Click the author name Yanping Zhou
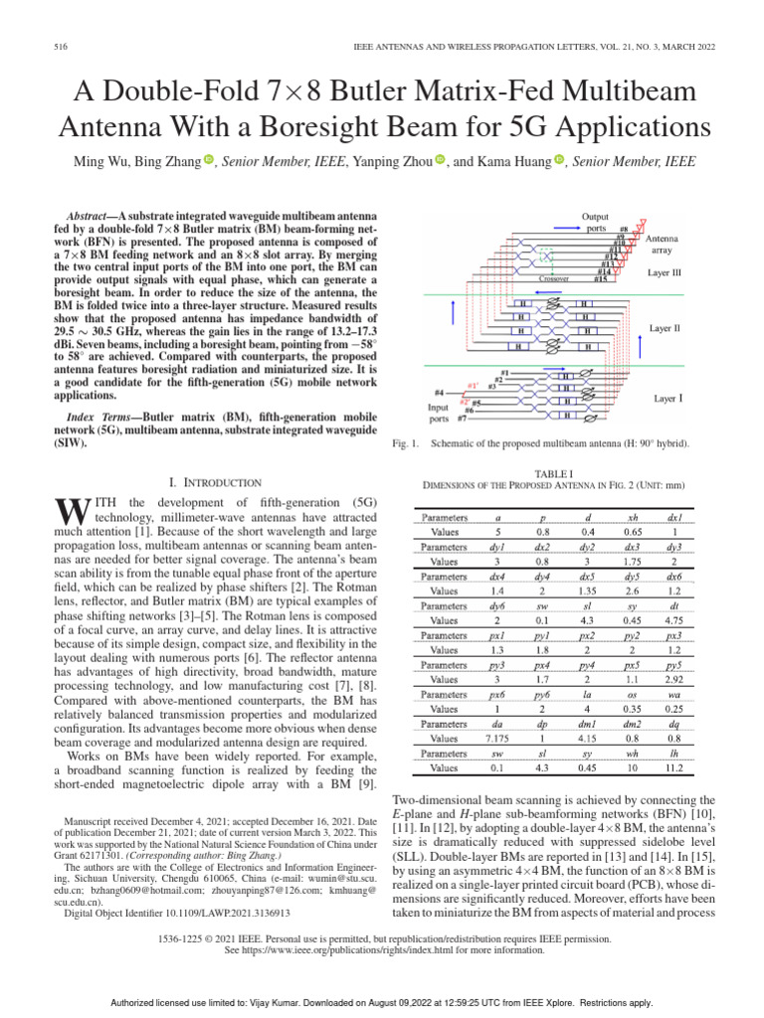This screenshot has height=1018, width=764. point(399,161)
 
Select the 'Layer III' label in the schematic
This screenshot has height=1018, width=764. point(669,271)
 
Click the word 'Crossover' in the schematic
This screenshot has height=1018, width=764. point(553,279)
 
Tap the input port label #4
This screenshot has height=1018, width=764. point(439,394)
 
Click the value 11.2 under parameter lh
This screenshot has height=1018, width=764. point(673,768)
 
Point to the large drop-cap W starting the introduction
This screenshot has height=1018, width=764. point(63,511)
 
